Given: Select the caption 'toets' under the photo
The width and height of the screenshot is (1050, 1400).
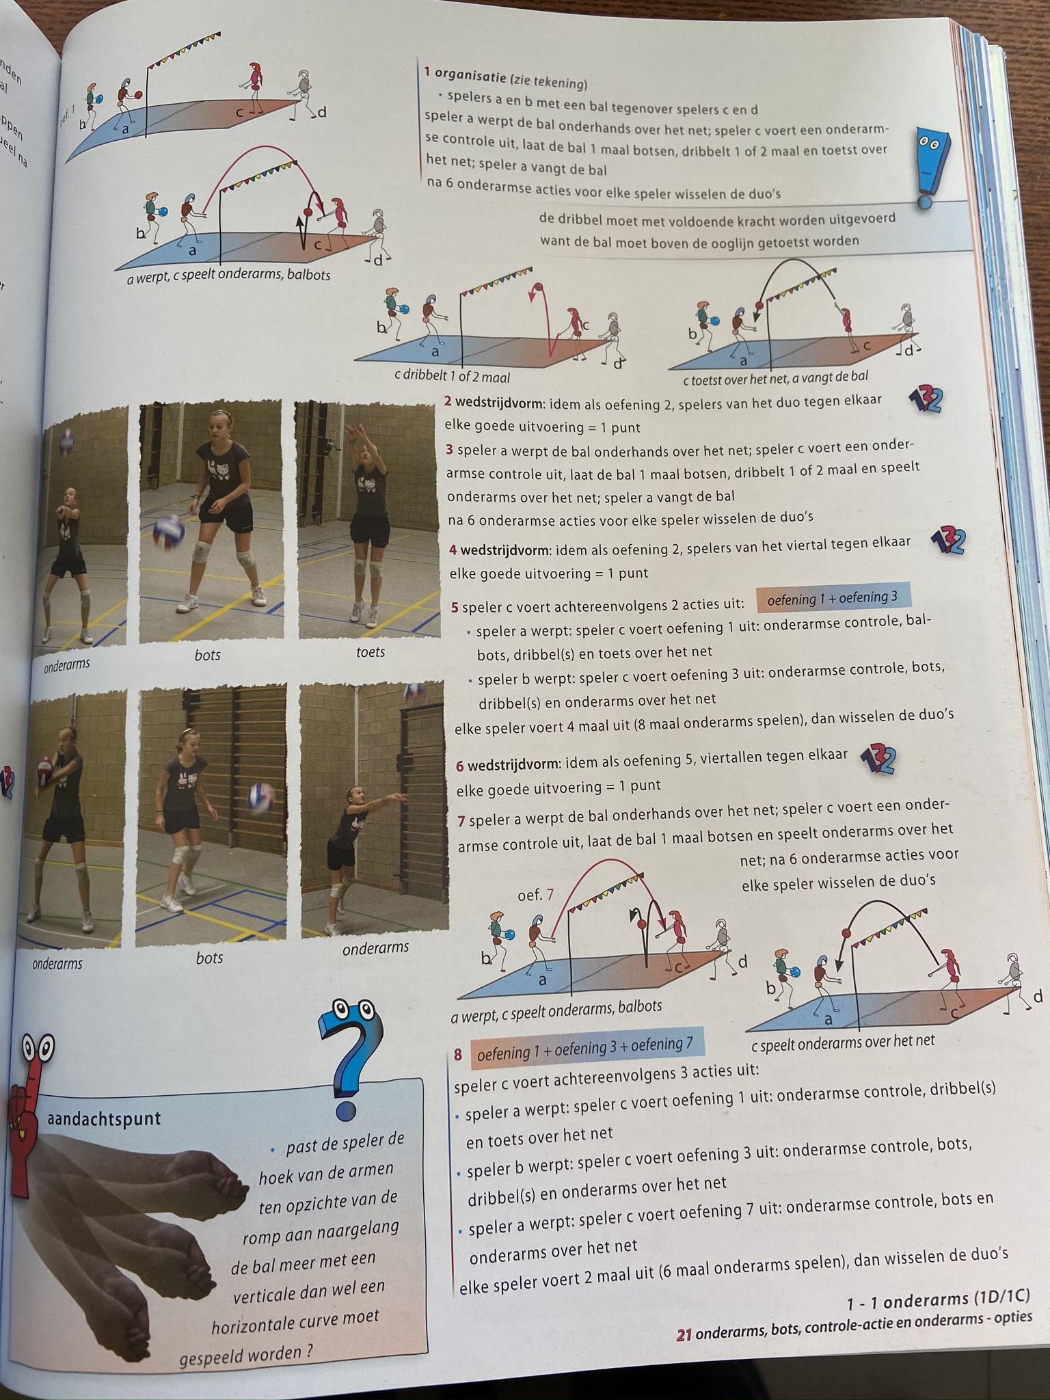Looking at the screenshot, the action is (371, 652).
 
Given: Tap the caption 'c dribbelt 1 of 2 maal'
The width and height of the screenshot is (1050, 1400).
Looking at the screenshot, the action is (452, 377).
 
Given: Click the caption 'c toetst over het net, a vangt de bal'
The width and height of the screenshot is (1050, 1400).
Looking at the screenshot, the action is (776, 377).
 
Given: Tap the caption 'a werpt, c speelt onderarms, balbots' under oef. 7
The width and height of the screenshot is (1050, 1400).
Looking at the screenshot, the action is (556, 1010).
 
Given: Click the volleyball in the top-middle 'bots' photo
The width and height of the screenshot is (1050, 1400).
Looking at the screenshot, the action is (167, 533).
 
